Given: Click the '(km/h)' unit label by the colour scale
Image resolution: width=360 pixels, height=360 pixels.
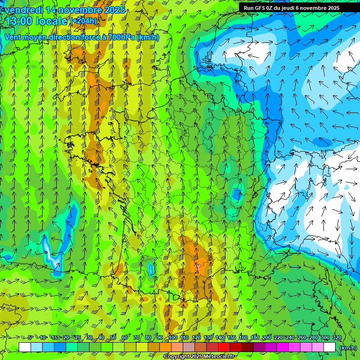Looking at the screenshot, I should [347, 347].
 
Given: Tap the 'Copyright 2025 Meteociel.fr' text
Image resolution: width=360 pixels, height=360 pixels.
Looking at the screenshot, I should [200, 357].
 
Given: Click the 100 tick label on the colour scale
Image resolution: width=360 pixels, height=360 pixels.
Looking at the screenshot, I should [172, 338].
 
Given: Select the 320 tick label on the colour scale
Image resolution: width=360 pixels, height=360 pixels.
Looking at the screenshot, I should [337, 338].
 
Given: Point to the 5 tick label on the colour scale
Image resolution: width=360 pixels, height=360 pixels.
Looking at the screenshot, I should [30, 338].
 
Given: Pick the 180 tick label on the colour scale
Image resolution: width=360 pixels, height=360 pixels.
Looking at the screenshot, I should [255, 338].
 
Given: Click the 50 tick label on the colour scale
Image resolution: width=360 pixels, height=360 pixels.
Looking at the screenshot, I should [113, 338].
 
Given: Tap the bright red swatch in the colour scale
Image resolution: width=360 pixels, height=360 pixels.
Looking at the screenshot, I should [224, 347].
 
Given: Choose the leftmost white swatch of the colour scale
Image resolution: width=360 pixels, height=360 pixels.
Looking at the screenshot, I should [25, 347].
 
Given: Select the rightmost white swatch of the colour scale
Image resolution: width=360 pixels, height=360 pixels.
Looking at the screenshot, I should [330, 347].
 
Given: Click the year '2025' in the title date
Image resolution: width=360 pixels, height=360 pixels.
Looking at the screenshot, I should [114, 9].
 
